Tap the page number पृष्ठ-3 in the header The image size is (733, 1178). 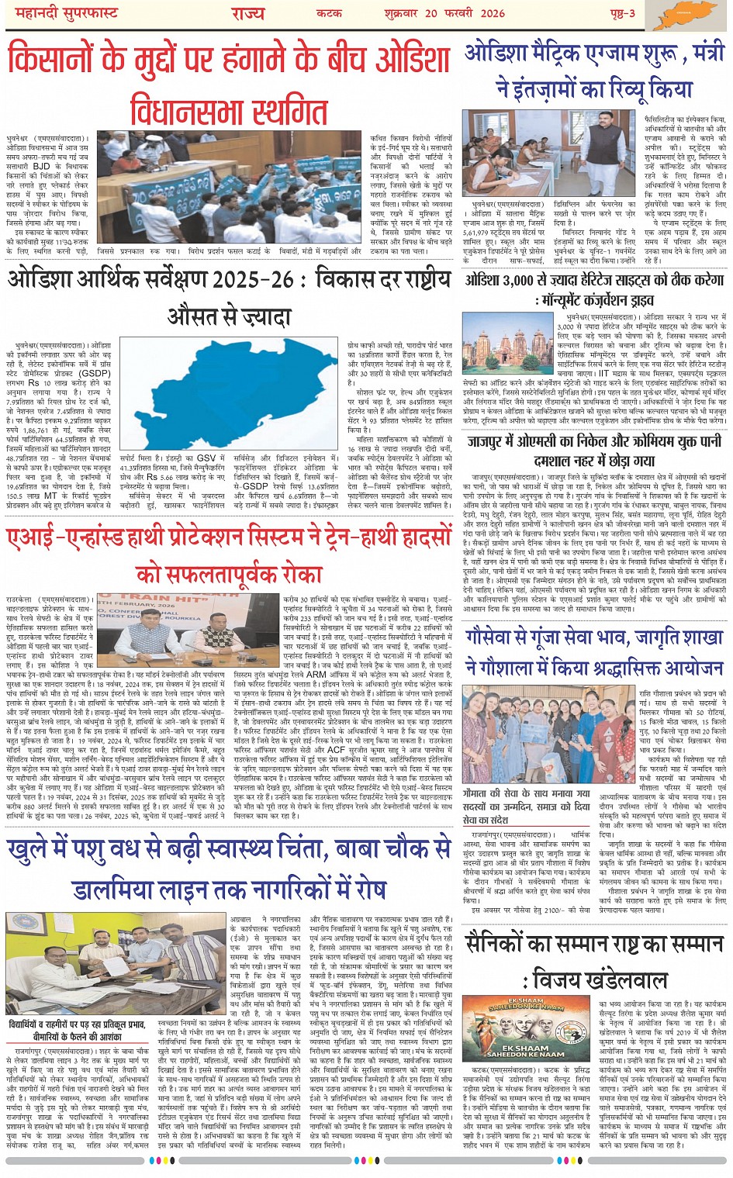[x=620, y=13]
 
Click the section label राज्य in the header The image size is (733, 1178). [x=247, y=13]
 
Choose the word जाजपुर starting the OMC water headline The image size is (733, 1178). [x=493, y=442]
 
